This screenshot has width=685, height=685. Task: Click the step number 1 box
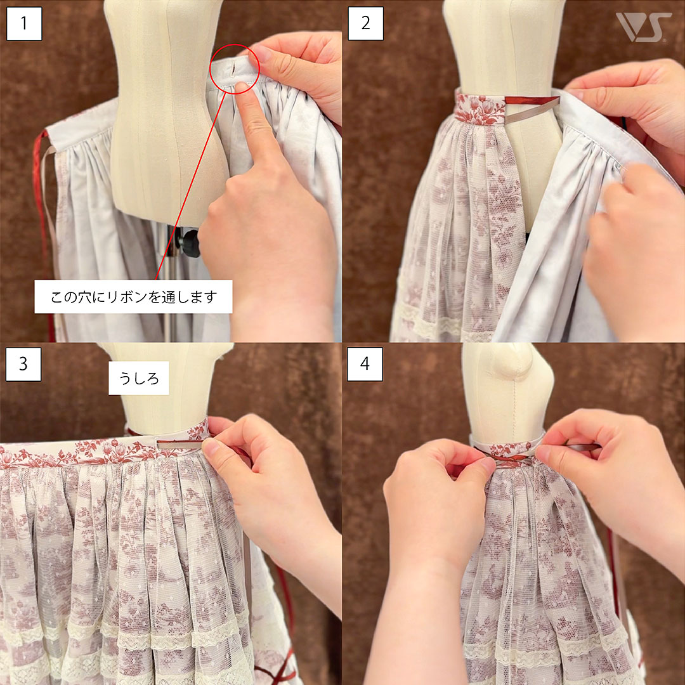(x=25, y=23)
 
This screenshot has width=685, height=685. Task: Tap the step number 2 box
(x=366, y=23)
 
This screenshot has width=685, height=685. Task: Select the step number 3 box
(x=23, y=364)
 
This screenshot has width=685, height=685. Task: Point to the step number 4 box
(x=365, y=364)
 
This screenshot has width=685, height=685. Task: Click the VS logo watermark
(x=643, y=27)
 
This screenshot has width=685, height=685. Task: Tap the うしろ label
(x=139, y=378)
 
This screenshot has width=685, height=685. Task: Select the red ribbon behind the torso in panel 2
(x=532, y=100)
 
